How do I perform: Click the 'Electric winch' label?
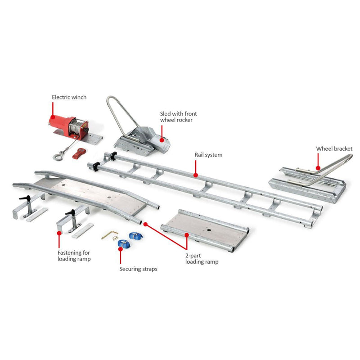pyautogui.click(x=69, y=97)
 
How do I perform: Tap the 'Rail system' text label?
pyautogui.click(x=208, y=155)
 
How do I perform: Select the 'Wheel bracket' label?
pyautogui.click(x=334, y=149)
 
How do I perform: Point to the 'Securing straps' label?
pyautogui.click(x=138, y=269)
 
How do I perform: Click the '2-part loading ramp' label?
pyautogui.click(x=202, y=259)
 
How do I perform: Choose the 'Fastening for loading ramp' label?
pyautogui.click(x=74, y=256)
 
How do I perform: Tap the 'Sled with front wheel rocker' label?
pyautogui.click(x=178, y=117)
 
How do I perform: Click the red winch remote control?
pyautogui.click(x=79, y=153)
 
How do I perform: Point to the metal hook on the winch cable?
pyautogui.click(x=58, y=156)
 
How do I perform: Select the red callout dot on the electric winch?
pyautogui.click(x=53, y=117)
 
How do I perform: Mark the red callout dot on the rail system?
pyautogui.click(x=196, y=175)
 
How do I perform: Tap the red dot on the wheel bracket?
pyautogui.click(x=318, y=168)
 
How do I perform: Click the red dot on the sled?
pyautogui.click(x=162, y=140)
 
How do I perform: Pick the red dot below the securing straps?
pyautogui.click(x=120, y=248)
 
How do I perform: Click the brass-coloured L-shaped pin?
pyautogui.click(x=109, y=234)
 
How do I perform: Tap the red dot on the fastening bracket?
pyautogui.click(x=59, y=233)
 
